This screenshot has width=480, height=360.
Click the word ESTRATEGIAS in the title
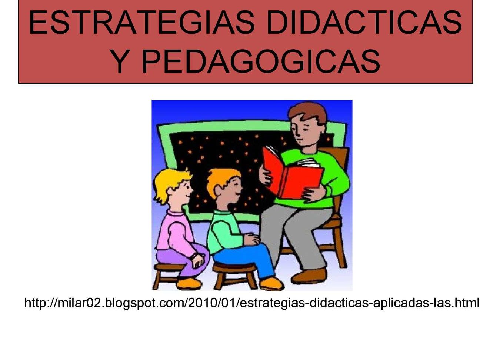click(141, 22)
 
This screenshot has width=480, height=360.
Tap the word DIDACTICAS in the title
click(364, 22)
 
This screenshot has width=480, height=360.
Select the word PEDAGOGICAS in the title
click(260, 61)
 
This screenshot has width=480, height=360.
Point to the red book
click(292, 173)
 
